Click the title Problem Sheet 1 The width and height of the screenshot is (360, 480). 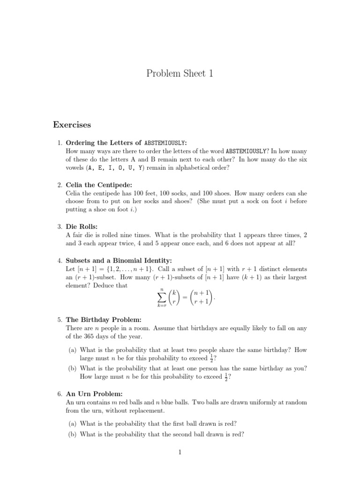pyautogui.click(x=180, y=73)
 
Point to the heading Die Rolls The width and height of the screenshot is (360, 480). pyautogui.click(x=82, y=226)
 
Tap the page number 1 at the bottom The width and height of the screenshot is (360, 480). pyautogui.click(x=180, y=452)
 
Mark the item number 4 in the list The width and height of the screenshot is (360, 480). pyautogui.click(x=60, y=261)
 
